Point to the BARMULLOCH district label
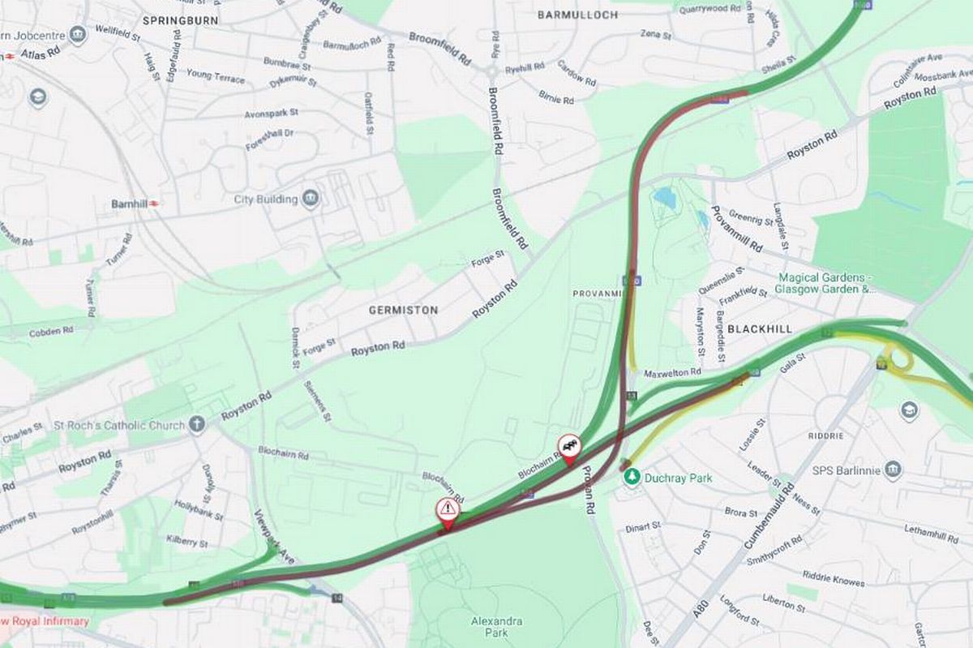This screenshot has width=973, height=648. (577, 15)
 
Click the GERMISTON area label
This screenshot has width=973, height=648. (403, 310)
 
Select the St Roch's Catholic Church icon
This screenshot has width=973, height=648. (197, 424)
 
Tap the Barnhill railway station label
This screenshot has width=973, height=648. (130, 204)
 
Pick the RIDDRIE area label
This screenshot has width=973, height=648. (825, 436)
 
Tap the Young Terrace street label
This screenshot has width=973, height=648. (215, 76)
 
